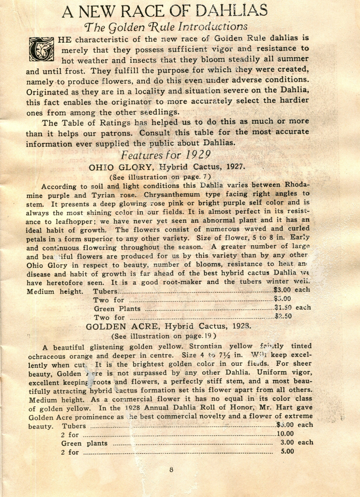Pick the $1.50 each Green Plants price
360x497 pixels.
pos(292,308)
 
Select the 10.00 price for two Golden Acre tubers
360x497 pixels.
pos(286,434)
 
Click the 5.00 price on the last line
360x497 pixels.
pos(287,452)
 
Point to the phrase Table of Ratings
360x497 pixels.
pos(89,123)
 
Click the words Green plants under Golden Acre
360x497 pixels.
pos(84,443)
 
